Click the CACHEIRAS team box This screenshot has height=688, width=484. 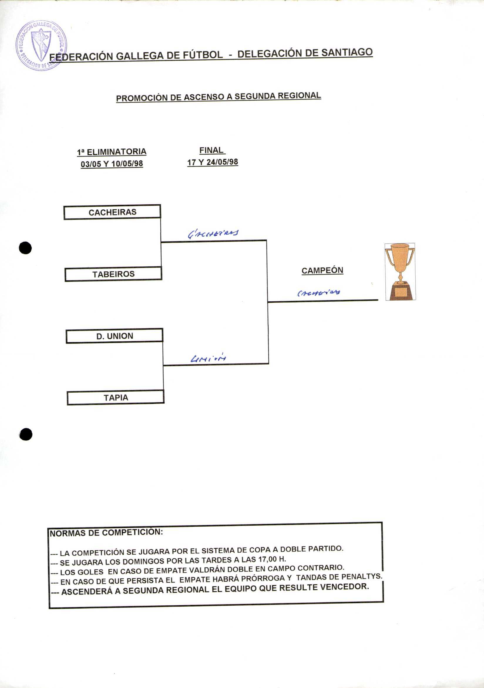pyautogui.click(x=112, y=212)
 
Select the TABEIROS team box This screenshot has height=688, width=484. pyautogui.click(x=113, y=274)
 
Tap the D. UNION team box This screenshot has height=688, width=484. pyautogui.click(x=114, y=336)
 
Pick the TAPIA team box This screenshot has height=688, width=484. pyautogui.click(x=115, y=398)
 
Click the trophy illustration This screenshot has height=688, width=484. pyautogui.click(x=400, y=271)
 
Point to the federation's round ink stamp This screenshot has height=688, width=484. pyautogui.click(x=41, y=46)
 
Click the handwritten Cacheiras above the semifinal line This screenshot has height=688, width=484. pyautogui.click(x=213, y=233)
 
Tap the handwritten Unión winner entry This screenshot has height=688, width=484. pyautogui.click(x=208, y=358)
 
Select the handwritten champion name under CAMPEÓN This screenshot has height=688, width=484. pyautogui.click(x=318, y=293)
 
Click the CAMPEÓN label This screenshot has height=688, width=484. pyautogui.click(x=322, y=270)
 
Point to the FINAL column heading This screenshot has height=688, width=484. pyautogui.click(x=212, y=150)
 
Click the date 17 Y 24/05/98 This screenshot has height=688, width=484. pyautogui.click(x=213, y=162)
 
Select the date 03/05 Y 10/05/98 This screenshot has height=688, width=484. pyautogui.click(x=112, y=164)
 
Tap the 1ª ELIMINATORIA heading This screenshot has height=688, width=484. pyautogui.click(x=112, y=152)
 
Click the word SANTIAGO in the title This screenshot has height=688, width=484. pyautogui.click(x=347, y=52)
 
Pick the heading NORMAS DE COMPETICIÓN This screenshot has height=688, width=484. pyautogui.click(x=106, y=533)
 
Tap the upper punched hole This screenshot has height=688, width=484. pyautogui.click(x=26, y=248)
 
